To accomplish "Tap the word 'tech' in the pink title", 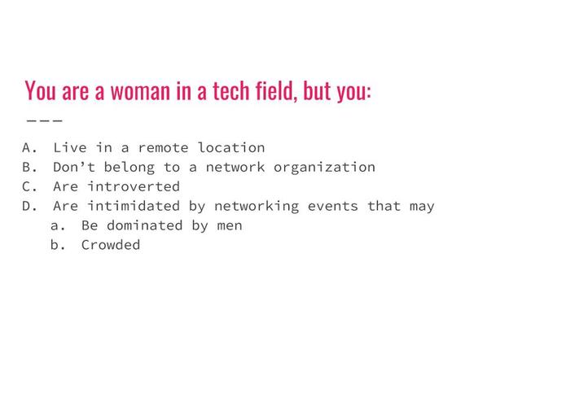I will (x=234, y=90).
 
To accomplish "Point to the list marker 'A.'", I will (x=30, y=148).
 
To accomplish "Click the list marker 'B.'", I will (x=30, y=168).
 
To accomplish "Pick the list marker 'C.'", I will (x=30, y=186).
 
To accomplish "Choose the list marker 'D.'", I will (x=30, y=206).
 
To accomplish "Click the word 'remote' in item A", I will (x=163, y=148).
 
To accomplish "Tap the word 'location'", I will (x=231, y=148).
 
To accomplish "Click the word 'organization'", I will (x=324, y=168).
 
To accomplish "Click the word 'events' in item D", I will (x=332, y=206).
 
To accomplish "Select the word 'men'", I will (x=230, y=225).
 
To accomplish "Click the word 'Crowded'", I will (x=111, y=245).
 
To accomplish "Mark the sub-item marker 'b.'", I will (x=57, y=245).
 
